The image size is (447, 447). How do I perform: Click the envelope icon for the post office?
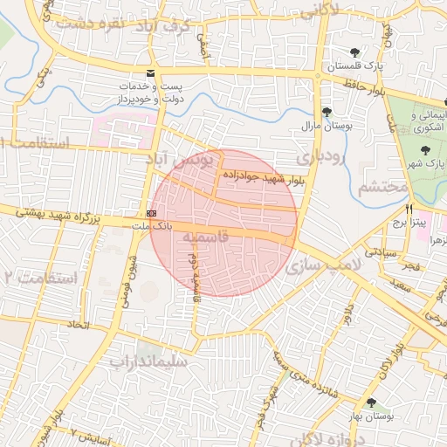[151, 73]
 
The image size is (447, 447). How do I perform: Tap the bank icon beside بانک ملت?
[152, 213]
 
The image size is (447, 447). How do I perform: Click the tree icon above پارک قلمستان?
[354, 52]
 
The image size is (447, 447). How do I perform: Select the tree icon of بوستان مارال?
[326, 112]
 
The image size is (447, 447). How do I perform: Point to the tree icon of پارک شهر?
[425, 150]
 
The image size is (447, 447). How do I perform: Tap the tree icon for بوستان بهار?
[373, 402]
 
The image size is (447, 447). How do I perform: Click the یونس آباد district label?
[193, 162]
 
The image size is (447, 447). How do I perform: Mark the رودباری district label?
[320, 157]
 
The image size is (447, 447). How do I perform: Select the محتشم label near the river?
[383, 186]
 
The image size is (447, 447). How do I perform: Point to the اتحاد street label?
[79, 325]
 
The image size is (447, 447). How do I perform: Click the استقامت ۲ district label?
[38, 278]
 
